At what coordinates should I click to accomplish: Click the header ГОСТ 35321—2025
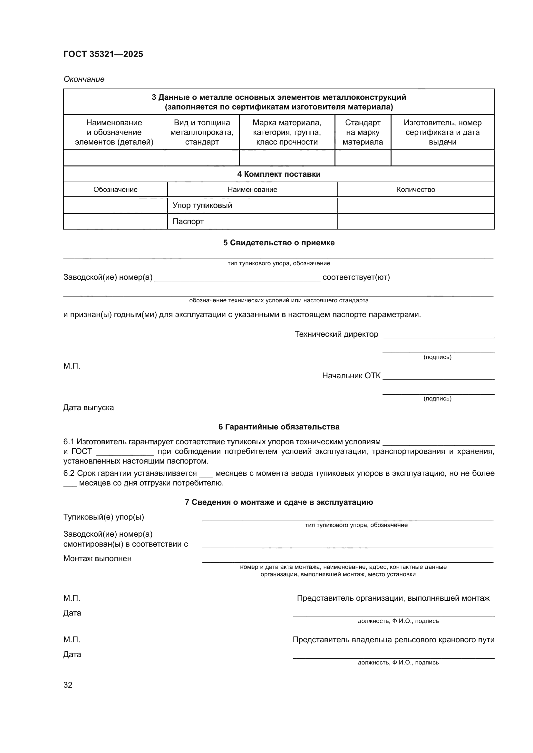pos(103,54)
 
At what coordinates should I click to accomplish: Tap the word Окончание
pos(84,79)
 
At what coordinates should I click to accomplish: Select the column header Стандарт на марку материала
pos(363,132)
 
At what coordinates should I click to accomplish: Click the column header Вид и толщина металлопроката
pos(202,132)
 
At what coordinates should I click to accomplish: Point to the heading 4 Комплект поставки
pos(279,174)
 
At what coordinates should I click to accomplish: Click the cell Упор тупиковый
pos(202,205)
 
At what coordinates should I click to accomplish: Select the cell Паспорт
pos(188,221)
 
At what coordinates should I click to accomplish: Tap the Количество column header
pos(415,190)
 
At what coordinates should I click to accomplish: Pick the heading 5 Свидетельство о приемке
pos(279,243)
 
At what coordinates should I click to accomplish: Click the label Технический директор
pos(336,334)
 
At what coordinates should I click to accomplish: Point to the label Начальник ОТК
pos(351,375)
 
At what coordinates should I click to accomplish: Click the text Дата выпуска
pos(88,408)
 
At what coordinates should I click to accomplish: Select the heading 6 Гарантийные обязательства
pos(279,427)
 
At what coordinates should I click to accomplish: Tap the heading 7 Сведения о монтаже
pos(279,502)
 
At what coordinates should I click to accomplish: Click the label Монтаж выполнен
pos(97,559)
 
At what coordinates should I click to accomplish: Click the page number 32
pos(68,685)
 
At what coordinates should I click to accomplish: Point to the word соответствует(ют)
pos(356,277)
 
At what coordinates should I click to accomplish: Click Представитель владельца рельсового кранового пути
pos(393,640)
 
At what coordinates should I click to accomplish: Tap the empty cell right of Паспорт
pos(415,221)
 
